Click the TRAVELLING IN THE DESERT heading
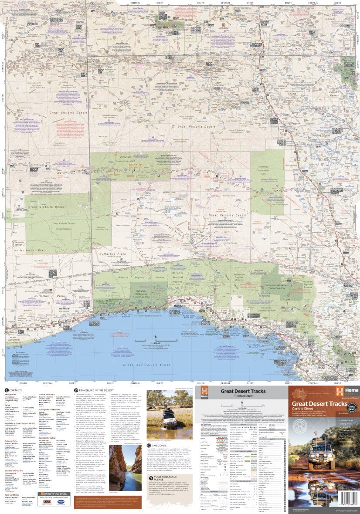click(x=93, y=390)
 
